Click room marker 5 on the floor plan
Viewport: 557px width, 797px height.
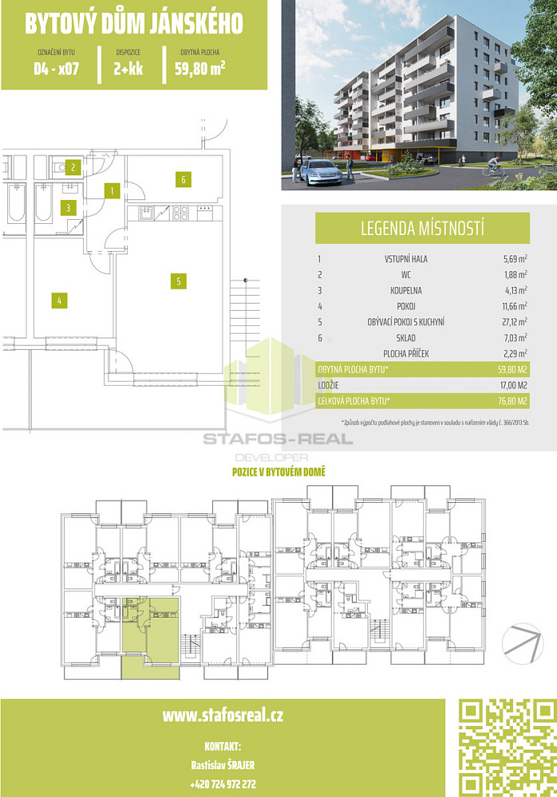[178, 281]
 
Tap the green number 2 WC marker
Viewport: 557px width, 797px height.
[73, 167]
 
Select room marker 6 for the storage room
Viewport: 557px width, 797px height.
[184, 179]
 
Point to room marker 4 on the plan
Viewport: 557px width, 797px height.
[59, 301]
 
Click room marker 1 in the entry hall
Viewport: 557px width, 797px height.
[112, 191]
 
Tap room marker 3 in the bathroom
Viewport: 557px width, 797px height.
[68, 207]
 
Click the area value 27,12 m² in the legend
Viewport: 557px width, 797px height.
[515, 321]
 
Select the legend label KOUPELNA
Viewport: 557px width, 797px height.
[406, 290]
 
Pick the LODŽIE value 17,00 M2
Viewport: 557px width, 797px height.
[513, 385]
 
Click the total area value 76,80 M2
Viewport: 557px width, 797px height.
[512, 401]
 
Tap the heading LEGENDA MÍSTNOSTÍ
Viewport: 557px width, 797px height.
[423, 229]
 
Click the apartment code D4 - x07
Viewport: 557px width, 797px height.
[57, 69]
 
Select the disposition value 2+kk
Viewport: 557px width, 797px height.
[128, 69]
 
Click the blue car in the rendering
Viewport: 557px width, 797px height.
[322, 172]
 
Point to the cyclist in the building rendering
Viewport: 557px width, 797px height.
[493, 166]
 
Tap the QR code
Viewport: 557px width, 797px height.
[507, 748]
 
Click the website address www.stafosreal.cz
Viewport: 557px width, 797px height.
[223, 716]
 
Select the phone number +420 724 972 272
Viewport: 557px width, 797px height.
[223, 784]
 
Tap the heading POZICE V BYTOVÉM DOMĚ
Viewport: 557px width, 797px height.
[278, 472]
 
